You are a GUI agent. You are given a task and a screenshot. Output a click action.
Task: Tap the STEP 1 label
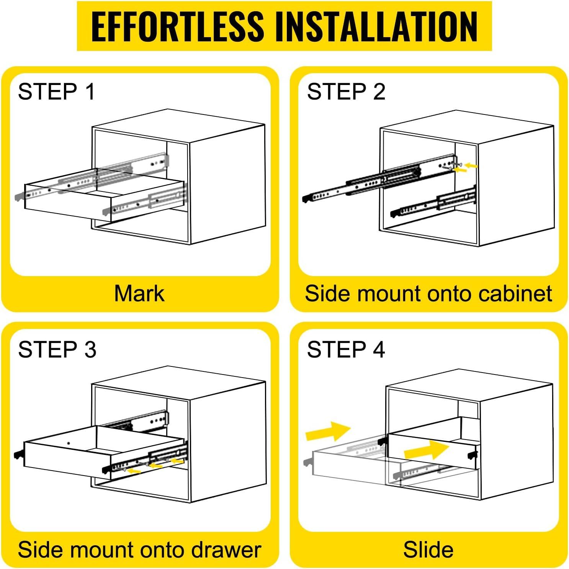point(56,92)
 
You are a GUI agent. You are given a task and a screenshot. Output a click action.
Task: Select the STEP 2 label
point(346,92)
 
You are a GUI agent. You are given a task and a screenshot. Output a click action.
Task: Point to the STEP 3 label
point(57,350)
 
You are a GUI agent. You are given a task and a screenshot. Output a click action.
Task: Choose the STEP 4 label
point(346,350)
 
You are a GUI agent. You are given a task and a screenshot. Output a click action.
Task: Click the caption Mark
point(139,294)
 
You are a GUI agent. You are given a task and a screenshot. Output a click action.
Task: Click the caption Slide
point(428,550)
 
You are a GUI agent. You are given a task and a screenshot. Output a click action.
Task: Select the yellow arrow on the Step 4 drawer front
point(427,450)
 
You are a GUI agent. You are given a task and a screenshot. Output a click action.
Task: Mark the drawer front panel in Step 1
point(68,202)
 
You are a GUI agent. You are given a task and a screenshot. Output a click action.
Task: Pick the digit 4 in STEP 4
point(378,350)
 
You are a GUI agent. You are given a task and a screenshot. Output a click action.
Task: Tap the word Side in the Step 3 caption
point(38,550)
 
